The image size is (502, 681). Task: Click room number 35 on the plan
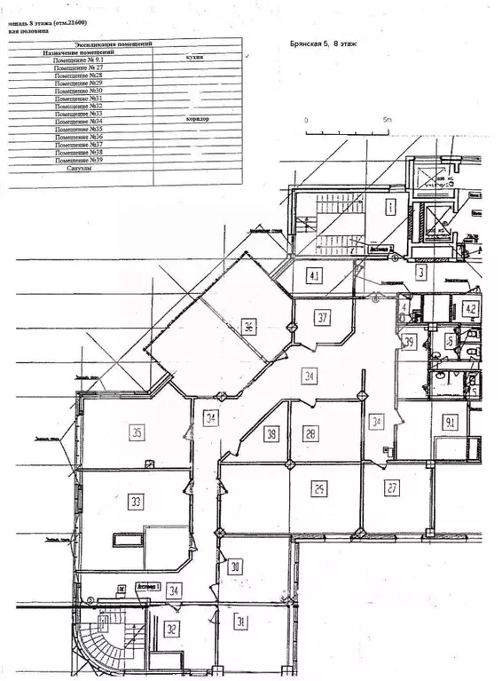pyautogui.click(x=137, y=433)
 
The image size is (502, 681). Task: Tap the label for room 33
pyautogui.click(x=136, y=502)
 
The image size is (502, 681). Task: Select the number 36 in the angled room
pyautogui.click(x=250, y=326)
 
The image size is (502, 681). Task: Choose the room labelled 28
pyautogui.click(x=310, y=433)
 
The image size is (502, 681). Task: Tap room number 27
pyautogui.click(x=393, y=487)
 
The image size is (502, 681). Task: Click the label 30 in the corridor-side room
pyautogui.click(x=235, y=567)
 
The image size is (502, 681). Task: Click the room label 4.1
pyautogui.click(x=314, y=274)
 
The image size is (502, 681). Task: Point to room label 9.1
pyautogui.click(x=451, y=422)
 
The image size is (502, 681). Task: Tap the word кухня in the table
pyautogui.click(x=195, y=56)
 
